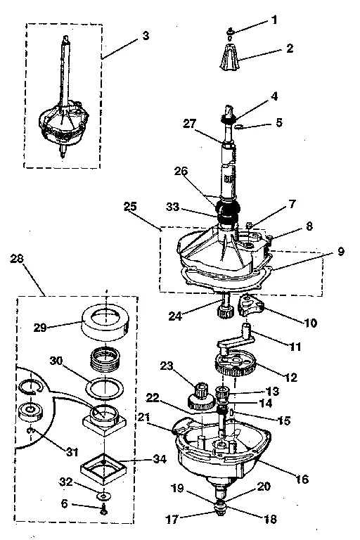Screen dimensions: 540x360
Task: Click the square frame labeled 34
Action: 105,467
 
